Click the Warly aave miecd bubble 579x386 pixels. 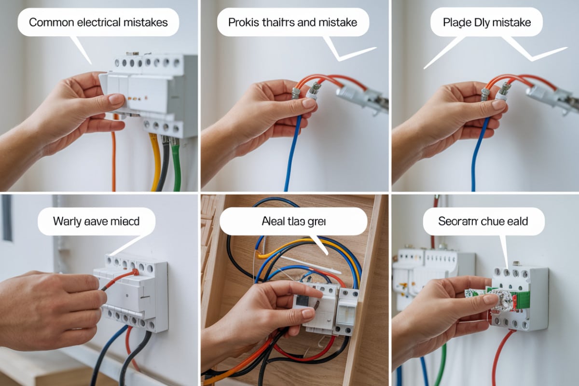(96, 221)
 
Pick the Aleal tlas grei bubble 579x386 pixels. (293, 221)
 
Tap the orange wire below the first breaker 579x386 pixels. (114, 159)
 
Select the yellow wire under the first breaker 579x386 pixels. (155, 164)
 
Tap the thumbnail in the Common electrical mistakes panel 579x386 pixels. (116, 99)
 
